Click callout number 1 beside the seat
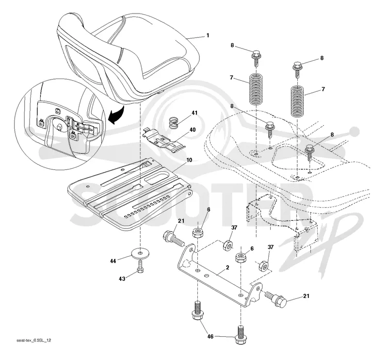208,35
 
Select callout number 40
192,130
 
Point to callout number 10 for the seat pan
189,160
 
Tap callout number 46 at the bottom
210,337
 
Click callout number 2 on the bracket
227,267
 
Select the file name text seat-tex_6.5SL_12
33,340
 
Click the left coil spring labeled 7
256,89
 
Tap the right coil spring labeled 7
297,101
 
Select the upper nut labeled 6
198,233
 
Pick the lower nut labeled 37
264,266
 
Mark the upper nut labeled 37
228,245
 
